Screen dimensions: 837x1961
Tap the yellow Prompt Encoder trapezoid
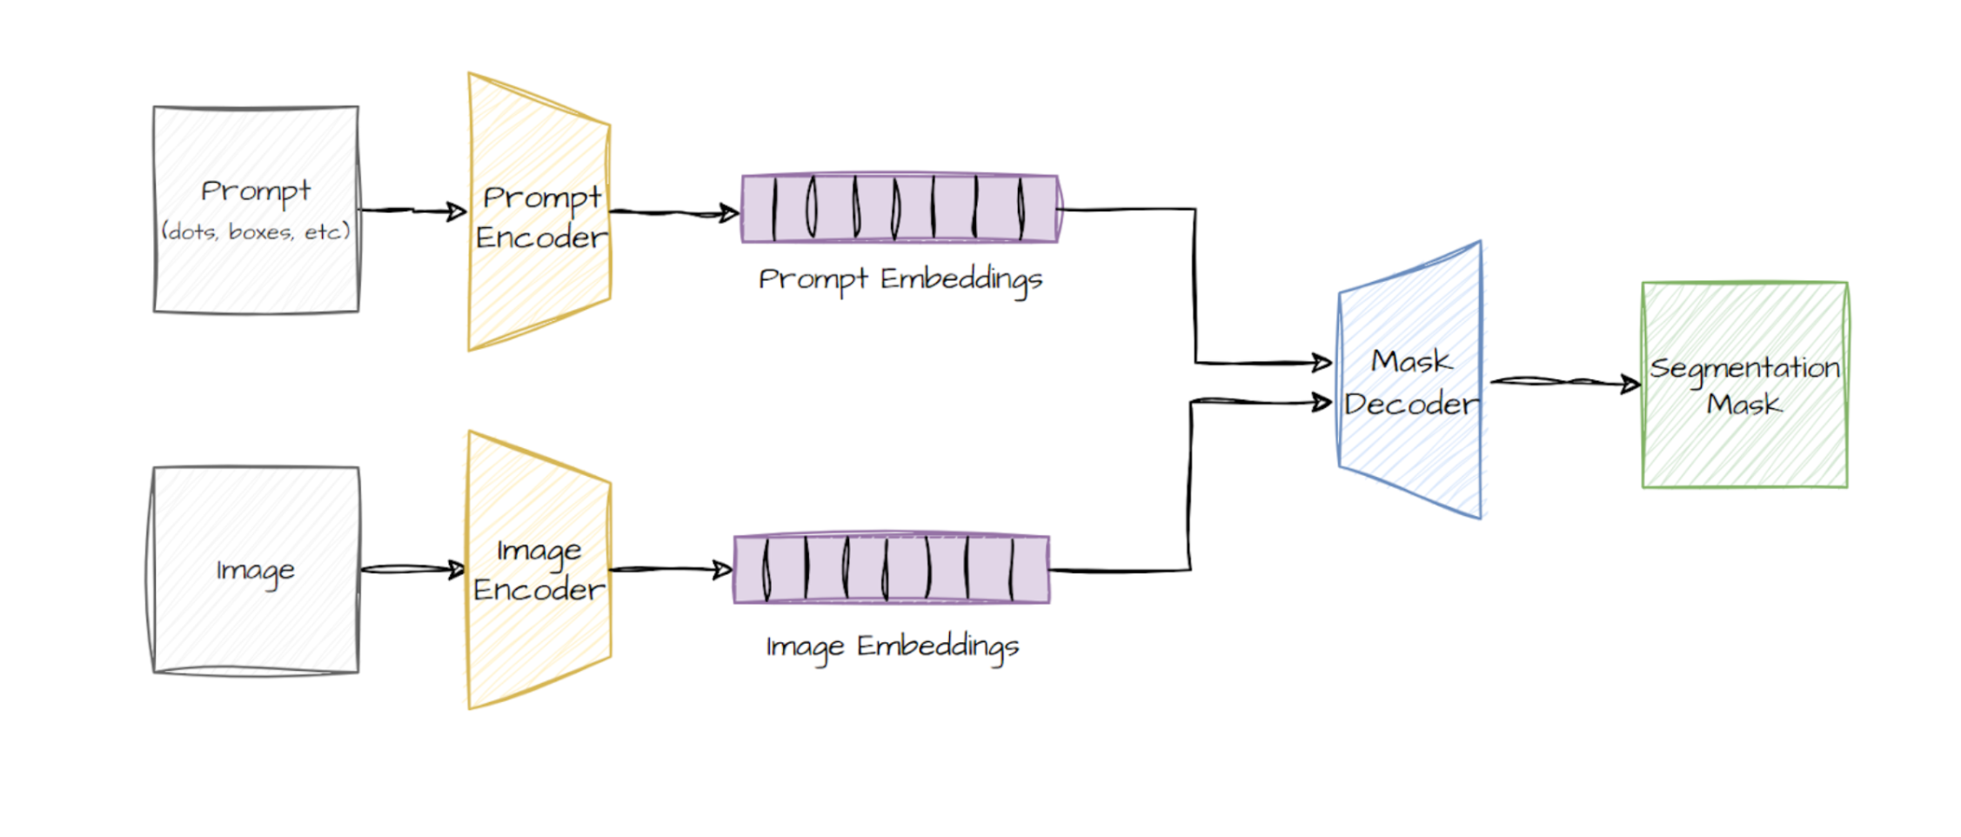[x=539, y=287]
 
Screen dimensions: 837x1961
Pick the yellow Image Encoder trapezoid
[x=539, y=644]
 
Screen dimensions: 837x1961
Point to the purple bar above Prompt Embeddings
[x=900, y=209]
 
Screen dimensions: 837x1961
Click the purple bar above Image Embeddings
[x=892, y=570]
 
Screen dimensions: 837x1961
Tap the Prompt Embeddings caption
[x=900, y=279]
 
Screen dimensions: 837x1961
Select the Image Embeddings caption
[x=893, y=646]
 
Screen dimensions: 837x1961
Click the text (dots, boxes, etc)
[x=256, y=231]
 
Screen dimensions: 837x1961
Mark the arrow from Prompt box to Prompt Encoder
[x=413, y=211]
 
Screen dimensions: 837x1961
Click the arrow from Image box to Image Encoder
[x=413, y=570]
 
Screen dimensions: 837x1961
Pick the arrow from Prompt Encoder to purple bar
[x=674, y=212]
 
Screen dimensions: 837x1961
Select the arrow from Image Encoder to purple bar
[x=671, y=570]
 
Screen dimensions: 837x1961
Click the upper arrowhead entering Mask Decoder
[x=1322, y=362]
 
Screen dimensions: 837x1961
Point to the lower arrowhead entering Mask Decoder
[x=1322, y=402]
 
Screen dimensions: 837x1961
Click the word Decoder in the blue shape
[x=1411, y=405]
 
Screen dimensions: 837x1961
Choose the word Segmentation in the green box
[x=1744, y=368]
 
